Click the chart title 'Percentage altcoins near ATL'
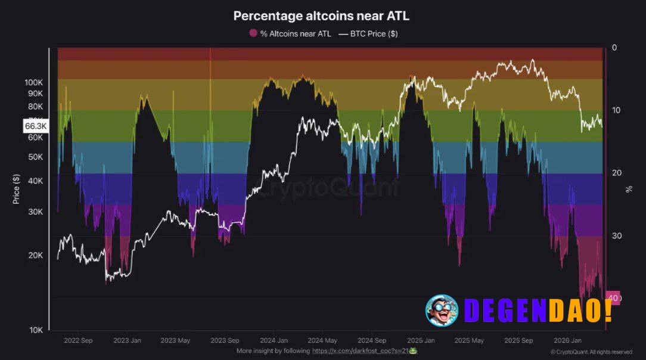(321, 15)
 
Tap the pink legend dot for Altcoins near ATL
(253, 34)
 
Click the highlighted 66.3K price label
(36, 126)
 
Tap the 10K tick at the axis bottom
(35, 330)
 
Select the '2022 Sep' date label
(78, 341)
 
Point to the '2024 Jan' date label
(274, 341)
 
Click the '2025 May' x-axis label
(470, 341)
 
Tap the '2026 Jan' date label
(567, 341)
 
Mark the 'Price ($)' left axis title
(17, 189)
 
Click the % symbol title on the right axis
(629, 189)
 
